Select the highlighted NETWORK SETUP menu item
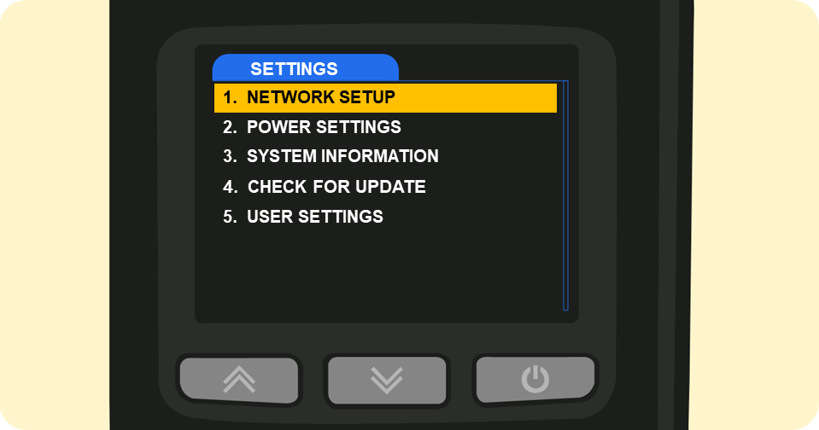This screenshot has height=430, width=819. pyautogui.click(x=385, y=97)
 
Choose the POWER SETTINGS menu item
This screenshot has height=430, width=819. pyautogui.click(x=324, y=127)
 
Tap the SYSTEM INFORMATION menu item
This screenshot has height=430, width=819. pyautogui.click(x=342, y=156)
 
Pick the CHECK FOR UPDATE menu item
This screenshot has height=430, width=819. pyautogui.click(x=336, y=187)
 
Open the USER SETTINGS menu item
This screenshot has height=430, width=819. pyautogui.click(x=315, y=217)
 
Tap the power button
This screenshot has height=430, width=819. pyautogui.click(x=535, y=379)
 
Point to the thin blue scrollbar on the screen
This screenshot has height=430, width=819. pyautogui.click(x=565, y=195)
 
